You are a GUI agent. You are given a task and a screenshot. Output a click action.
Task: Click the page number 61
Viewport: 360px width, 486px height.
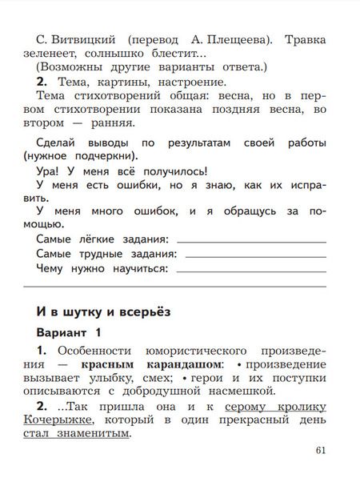click(321, 450)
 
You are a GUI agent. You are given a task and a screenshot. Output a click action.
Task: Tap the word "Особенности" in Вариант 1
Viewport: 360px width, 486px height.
click(96, 350)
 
